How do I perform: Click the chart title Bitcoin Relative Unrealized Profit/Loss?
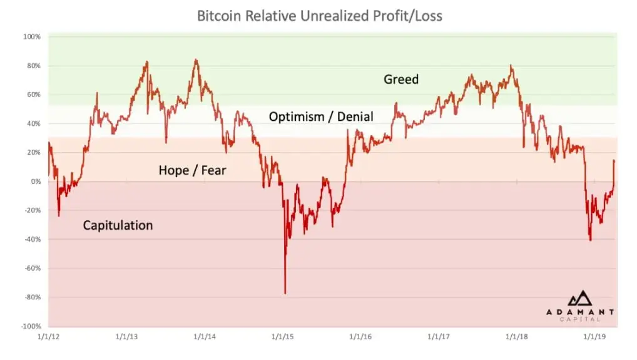pos(319,16)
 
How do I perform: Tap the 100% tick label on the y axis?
pos(32,37)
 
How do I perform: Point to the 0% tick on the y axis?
pos(35,182)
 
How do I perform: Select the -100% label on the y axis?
pos(31,326)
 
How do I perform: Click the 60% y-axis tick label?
pos(33,95)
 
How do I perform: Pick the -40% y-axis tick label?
pos(32,239)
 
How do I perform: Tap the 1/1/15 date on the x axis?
pos(283,337)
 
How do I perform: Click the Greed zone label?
pos(400,80)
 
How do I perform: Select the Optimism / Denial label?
pos(320,116)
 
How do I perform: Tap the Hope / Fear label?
pos(191,170)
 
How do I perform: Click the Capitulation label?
pos(118,225)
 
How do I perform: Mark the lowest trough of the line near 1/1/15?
pos(285,293)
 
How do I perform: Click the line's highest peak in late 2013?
pos(196,60)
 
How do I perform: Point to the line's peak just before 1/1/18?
pos(511,66)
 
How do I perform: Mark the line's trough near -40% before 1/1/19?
pos(590,240)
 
